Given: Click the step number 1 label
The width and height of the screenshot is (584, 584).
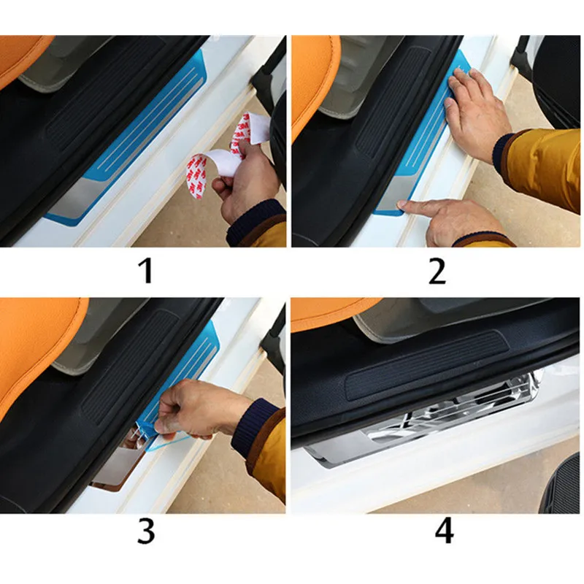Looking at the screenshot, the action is click(145, 271).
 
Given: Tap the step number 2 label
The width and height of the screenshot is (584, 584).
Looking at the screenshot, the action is click(437, 272).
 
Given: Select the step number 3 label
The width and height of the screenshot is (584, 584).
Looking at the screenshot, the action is click(145, 531).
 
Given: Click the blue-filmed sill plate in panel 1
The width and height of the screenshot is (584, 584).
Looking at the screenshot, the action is click(126, 142).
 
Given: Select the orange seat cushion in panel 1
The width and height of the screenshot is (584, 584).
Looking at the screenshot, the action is click(23, 56).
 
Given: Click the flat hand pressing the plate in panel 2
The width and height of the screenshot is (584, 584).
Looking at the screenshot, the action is click(477, 112).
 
